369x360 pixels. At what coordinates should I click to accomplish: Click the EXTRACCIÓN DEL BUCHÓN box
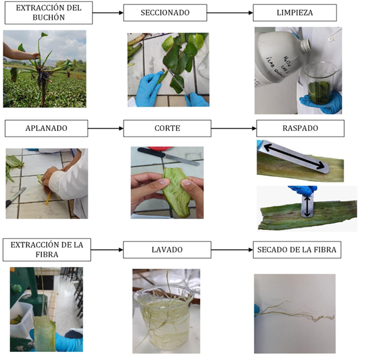[x=48, y=12]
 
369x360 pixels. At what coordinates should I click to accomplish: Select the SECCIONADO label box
[x=165, y=12]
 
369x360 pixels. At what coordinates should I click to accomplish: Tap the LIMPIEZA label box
[x=294, y=12]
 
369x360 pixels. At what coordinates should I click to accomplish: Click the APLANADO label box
[x=47, y=128]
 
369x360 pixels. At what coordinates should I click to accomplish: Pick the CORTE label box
[x=167, y=128]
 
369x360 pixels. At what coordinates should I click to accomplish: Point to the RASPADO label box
[x=300, y=128]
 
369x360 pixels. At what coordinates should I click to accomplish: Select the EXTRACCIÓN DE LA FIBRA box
[x=47, y=250]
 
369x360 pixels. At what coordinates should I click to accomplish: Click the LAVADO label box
[x=167, y=250]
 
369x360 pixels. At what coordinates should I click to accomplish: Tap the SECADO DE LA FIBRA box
[x=297, y=250]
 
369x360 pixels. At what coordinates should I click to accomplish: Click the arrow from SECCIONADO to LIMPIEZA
[x=230, y=12]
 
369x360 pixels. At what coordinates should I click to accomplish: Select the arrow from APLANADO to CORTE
[x=106, y=128]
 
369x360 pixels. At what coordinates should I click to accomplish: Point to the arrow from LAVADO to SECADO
[x=232, y=250]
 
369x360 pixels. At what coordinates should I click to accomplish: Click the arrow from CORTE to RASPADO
[x=234, y=128]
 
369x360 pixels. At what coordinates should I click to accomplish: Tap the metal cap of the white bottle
[x=306, y=45]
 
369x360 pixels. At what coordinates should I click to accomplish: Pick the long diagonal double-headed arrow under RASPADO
[x=294, y=157]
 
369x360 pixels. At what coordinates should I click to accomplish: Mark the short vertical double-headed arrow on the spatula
[x=307, y=207]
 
